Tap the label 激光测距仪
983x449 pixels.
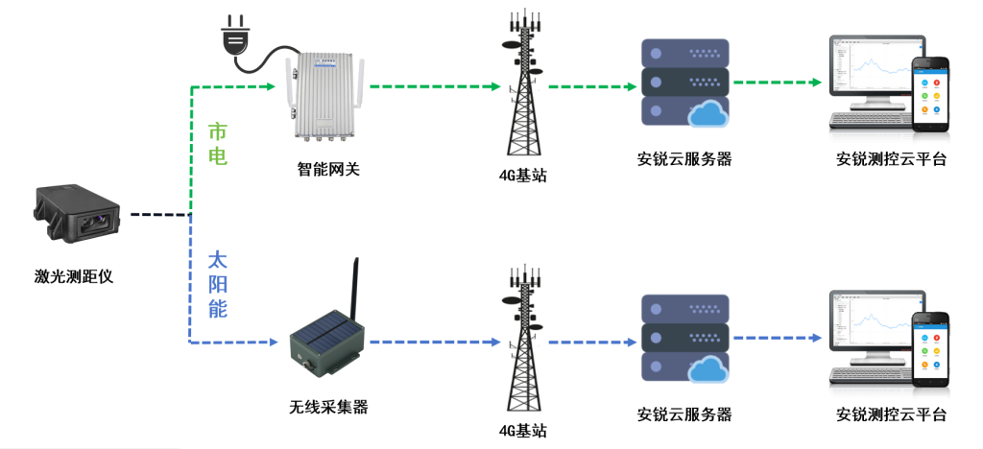click(74, 277)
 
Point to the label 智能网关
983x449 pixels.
click(327, 170)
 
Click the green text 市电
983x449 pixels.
click(219, 144)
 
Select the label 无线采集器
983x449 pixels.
click(328, 407)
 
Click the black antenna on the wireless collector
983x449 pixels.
click(355, 289)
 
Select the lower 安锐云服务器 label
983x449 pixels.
click(684, 414)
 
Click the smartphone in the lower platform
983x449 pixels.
click(930, 349)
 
